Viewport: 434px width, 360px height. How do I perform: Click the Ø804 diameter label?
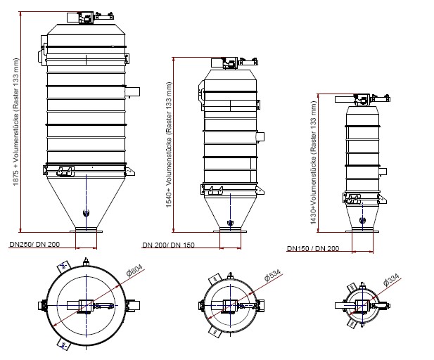pos(134,270)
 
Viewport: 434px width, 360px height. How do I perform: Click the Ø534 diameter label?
pos(272,275)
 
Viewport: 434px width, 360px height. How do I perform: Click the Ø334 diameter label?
pos(391,279)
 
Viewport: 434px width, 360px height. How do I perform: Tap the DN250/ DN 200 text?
pos(34,244)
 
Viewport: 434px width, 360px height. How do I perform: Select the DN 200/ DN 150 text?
pos(168,245)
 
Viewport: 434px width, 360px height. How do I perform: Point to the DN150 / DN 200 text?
pos(313,248)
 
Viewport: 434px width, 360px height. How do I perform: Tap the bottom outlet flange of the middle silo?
pos(230,230)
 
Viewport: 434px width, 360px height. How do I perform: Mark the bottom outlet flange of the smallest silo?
pos(362,230)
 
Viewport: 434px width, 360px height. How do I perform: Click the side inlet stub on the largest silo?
pos(132,91)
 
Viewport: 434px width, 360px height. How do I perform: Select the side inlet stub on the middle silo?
pos(260,136)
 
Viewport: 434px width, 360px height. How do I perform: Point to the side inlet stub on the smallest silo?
pos(383,172)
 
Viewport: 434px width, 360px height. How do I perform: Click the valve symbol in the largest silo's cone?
pos(86,213)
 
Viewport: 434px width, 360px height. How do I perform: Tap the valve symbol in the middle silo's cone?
pos(230,222)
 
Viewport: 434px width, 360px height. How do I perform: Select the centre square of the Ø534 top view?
pos(230,305)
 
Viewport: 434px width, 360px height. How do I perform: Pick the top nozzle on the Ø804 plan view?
pos(86,262)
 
